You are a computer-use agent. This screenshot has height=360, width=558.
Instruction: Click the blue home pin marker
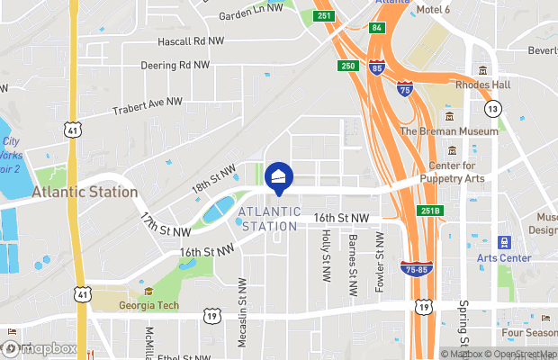click(x=278, y=178)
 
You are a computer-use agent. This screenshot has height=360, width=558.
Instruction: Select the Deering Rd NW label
click(x=175, y=65)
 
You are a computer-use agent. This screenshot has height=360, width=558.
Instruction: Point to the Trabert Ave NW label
click(x=148, y=106)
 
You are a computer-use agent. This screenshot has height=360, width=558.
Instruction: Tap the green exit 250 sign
click(x=348, y=66)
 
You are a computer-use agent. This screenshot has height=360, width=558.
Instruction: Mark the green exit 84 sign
click(x=376, y=28)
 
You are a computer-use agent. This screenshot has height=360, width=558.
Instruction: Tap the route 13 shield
click(x=491, y=109)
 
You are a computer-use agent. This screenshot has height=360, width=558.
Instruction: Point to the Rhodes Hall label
click(x=484, y=85)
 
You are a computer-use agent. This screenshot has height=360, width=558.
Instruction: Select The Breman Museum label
click(x=448, y=131)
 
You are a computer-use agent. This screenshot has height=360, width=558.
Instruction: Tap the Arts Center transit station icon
click(x=504, y=243)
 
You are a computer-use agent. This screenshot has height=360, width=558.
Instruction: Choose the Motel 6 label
click(x=432, y=10)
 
